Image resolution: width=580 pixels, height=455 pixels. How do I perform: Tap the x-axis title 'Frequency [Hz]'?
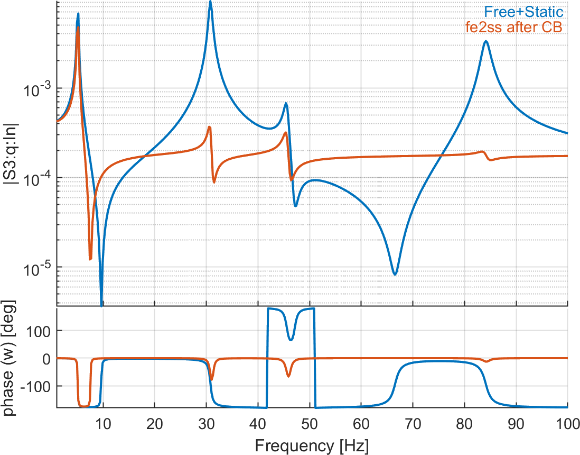312,445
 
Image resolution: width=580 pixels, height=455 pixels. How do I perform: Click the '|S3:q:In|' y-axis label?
12,153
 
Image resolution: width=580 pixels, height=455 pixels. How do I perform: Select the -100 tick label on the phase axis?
38,387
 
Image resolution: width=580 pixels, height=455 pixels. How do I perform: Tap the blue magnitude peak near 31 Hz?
210,2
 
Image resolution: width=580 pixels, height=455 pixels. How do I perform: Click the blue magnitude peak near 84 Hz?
485,41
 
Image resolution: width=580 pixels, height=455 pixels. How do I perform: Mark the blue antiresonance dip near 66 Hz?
395,274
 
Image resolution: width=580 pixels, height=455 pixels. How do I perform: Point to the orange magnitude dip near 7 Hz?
90,259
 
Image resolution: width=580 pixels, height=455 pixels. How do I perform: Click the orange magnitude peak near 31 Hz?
210,127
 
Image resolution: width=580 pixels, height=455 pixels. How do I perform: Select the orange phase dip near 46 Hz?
288,376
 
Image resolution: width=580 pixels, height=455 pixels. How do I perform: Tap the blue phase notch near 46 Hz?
290,340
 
